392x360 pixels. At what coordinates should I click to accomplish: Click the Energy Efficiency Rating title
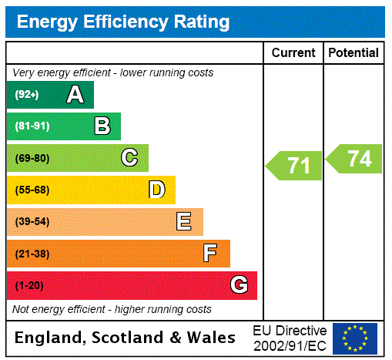tap(123, 22)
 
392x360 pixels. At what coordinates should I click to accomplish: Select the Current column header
tap(293, 53)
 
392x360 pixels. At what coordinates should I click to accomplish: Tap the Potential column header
tap(353, 53)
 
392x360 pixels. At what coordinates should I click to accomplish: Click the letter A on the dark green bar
tap(75, 95)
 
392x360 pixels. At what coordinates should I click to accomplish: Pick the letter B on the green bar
tap(102, 126)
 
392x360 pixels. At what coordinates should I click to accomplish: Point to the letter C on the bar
tap(129, 158)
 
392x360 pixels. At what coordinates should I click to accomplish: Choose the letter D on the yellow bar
tap(156, 190)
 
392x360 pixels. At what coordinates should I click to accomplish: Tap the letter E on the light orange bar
tap(184, 222)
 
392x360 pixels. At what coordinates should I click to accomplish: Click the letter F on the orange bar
tap(210, 254)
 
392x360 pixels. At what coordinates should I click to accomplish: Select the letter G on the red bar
tap(239, 285)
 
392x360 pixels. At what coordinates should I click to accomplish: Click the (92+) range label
tap(27, 95)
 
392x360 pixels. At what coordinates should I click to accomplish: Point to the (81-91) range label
tap(32, 126)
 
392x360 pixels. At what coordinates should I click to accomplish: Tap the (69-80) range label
tap(32, 159)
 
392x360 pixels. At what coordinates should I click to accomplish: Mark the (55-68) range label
tap(32, 190)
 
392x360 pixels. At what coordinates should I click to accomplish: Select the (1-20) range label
tap(29, 286)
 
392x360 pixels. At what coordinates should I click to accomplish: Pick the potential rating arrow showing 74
tap(354, 159)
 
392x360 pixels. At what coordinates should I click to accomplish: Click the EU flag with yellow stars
tap(355, 338)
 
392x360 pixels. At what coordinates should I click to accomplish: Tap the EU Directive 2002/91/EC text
tap(290, 338)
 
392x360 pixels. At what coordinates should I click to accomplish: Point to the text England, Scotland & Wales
tap(126, 338)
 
